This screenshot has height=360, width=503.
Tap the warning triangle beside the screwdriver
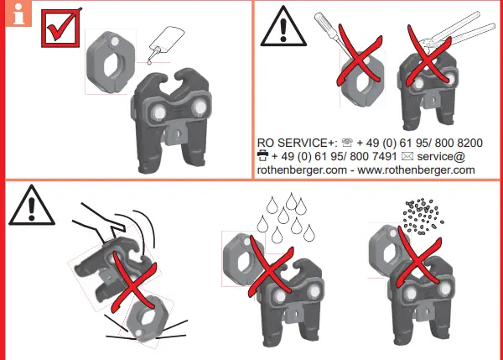click(x=278, y=30)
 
